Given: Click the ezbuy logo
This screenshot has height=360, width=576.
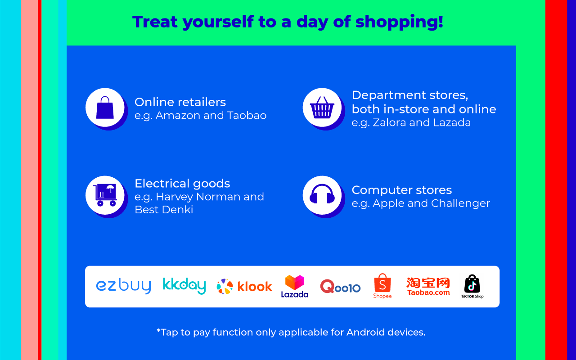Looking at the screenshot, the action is pos(123,286).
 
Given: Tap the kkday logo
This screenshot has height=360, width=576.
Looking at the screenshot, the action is pos(184,286).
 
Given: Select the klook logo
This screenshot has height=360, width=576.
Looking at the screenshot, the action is pos(244,286).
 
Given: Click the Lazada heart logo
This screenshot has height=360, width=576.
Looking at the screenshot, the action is pos(295,286).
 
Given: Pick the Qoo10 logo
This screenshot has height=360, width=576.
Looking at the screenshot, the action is pos(340,286).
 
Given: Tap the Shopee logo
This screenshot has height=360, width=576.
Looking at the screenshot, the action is pos(382,286).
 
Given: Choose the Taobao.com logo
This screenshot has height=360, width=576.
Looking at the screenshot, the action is pos(428,286).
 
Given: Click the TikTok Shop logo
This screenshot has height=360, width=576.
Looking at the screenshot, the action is pos(472,287).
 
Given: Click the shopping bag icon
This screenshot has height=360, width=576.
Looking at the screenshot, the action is pos(105,108).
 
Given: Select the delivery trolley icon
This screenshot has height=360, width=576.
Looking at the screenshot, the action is pos(105,195).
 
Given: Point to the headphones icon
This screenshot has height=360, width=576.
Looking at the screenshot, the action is pos(322,194).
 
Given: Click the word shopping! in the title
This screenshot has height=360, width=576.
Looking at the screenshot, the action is pos(399,22).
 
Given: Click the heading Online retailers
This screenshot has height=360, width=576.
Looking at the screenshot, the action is pos(180,102).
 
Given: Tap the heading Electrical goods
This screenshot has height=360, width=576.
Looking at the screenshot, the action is pos(182,184).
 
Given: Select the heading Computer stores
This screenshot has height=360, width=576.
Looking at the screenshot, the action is pos(402,190).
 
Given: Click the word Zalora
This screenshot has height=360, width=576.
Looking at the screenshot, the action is pos(389,122).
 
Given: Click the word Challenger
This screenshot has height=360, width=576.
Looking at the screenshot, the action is pos(460,203).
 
